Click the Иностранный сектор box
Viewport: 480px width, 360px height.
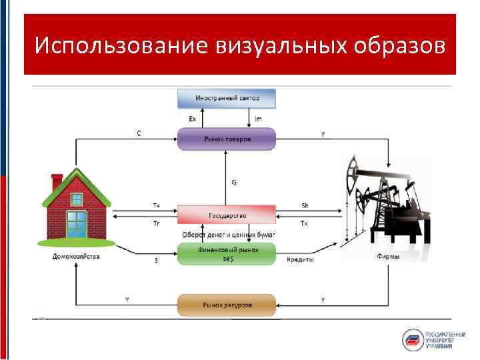[x=227, y=99]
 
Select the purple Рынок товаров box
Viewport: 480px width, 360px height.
[x=227, y=139]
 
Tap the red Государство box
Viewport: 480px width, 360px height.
[x=227, y=215]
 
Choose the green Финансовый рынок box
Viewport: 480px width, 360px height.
[x=227, y=254]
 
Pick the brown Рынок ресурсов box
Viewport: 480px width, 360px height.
[x=227, y=305]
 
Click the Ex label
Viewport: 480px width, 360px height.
[x=192, y=119]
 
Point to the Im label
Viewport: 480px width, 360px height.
[x=259, y=119]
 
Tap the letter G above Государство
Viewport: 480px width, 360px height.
[x=234, y=181]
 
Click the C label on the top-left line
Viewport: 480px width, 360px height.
[x=139, y=133]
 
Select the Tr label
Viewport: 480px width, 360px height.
[x=156, y=223]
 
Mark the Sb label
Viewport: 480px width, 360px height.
[x=305, y=205]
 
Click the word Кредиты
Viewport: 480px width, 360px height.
[x=300, y=259]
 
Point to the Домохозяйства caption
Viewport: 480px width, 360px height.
[x=77, y=257]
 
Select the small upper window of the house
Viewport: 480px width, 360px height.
[x=77, y=198]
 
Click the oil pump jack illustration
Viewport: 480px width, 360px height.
[x=387, y=200]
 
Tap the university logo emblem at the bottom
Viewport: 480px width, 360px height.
[x=413, y=339]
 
